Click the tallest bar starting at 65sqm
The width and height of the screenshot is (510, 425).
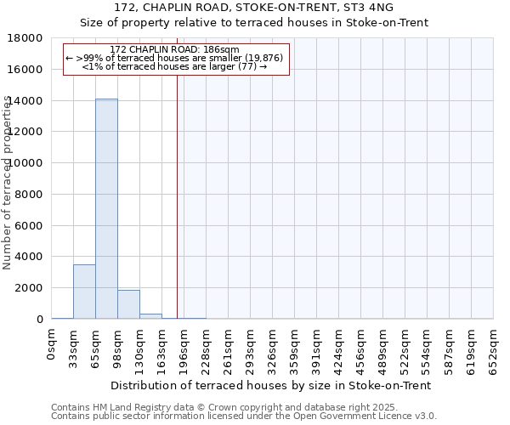tap(106, 208)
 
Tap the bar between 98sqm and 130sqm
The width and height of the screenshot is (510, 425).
tap(128, 304)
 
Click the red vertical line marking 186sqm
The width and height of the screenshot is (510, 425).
tap(177, 187)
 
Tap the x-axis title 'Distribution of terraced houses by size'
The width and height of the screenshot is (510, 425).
tap(272, 385)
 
